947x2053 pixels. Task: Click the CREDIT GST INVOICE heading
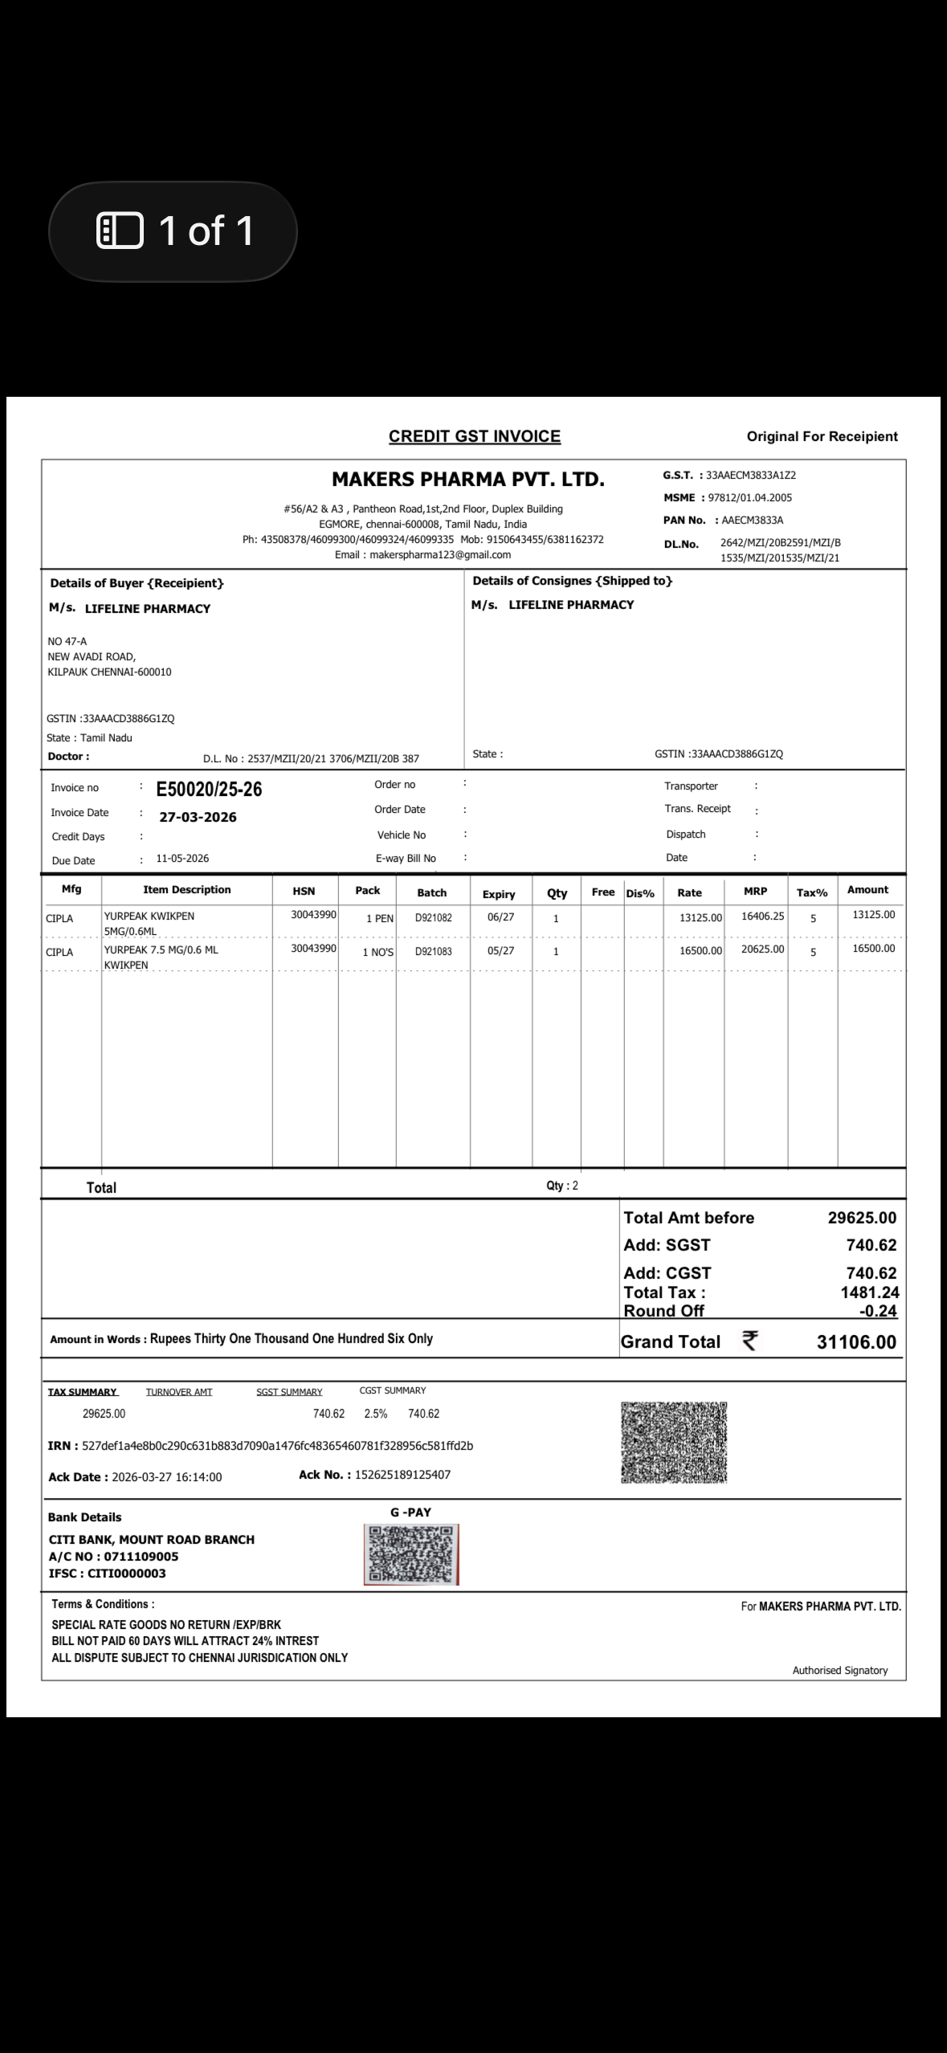[474, 436]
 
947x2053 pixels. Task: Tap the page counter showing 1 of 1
[173, 231]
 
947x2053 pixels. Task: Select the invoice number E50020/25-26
[209, 790]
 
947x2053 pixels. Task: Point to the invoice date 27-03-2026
[198, 818]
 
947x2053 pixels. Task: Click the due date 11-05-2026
[182, 859]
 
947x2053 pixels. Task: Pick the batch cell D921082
[433, 917]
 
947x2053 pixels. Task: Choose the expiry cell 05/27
[500, 951]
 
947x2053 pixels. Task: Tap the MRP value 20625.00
[762, 949]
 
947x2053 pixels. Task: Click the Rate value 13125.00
[700, 917]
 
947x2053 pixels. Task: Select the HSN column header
[304, 891]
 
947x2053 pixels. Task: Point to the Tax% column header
[811, 892]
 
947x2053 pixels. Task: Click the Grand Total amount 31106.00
[856, 1342]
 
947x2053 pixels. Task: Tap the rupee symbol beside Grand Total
[749, 1341]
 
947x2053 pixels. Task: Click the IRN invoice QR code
[674, 1443]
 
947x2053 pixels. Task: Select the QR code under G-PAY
[410, 1554]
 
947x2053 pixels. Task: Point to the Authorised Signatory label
[839, 1670]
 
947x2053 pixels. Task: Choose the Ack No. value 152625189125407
[402, 1475]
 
